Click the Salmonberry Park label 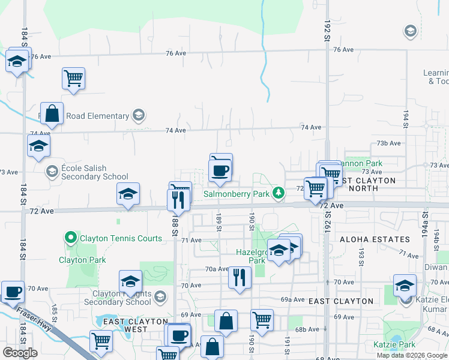pyautogui.click(x=236, y=194)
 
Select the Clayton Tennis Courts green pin pyautogui.click(x=71, y=238)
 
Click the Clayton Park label pyautogui.click(x=82, y=260)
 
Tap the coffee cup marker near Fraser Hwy pyautogui.click(x=13, y=292)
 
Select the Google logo pyautogui.click(x=20, y=352)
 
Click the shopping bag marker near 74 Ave pyautogui.click(x=53, y=113)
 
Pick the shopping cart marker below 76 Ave pyautogui.click(x=73, y=77)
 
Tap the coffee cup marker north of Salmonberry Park pyautogui.click(x=220, y=170)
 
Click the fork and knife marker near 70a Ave pyautogui.click(x=239, y=277)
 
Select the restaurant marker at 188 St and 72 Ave pyautogui.click(x=178, y=200)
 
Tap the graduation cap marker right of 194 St pyautogui.click(x=405, y=285)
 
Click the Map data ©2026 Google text pyautogui.click(x=411, y=355)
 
